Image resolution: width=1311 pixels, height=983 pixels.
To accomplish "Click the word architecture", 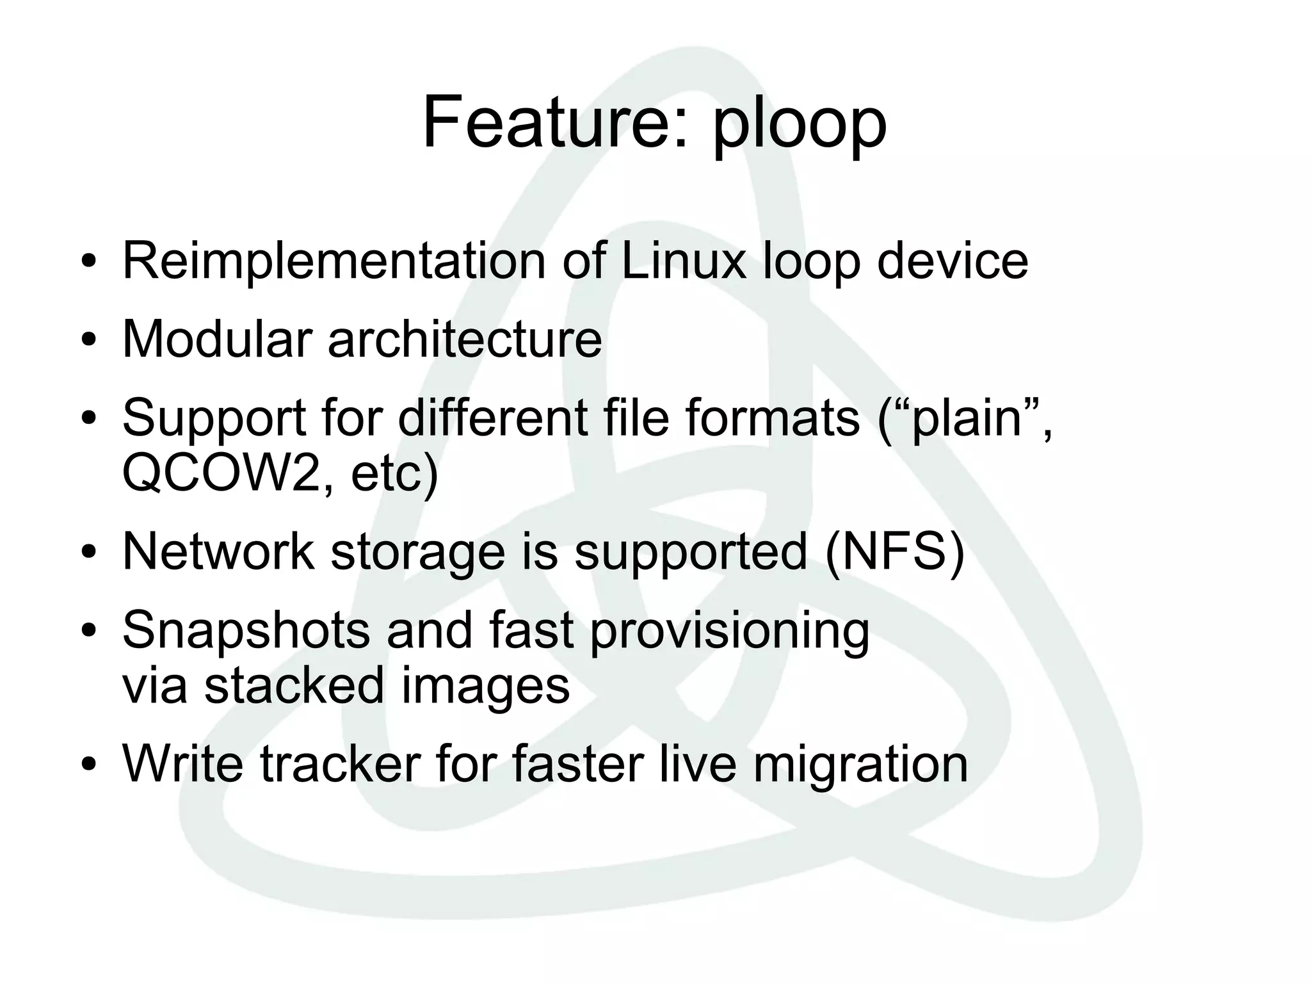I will click(x=465, y=339).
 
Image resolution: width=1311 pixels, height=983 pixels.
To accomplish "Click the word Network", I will click(x=218, y=551).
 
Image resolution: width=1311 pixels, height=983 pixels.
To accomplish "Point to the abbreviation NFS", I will click(x=895, y=551).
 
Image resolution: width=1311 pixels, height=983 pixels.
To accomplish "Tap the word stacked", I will click(x=294, y=685).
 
